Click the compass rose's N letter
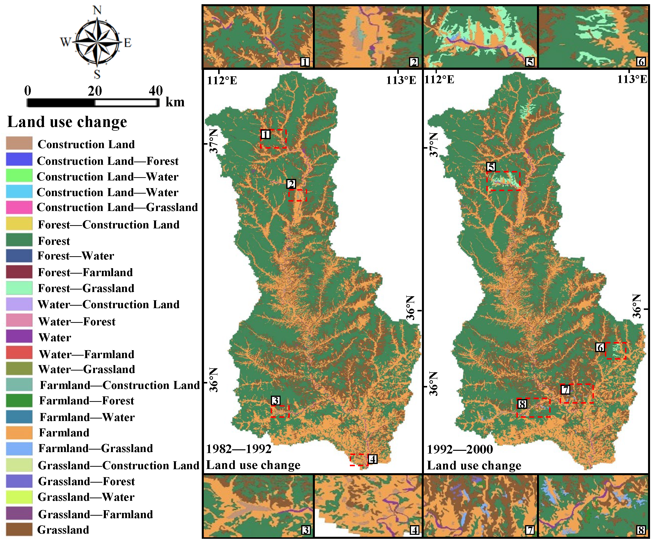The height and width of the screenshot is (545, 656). click(x=97, y=10)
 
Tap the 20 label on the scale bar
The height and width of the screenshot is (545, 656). click(x=94, y=91)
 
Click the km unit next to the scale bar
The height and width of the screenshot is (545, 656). click(x=175, y=102)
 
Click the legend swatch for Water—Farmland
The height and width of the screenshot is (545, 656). click(x=19, y=352)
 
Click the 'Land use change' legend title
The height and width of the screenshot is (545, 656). click(x=67, y=122)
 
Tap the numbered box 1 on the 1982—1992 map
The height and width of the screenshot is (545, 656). click(x=266, y=134)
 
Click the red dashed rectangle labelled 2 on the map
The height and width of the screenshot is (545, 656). click(x=298, y=195)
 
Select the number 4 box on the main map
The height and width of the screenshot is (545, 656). click(x=372, y=459)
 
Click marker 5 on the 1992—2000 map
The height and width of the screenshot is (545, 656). click(x=491, y=167)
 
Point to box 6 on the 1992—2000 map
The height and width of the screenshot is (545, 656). click(x=600, y=347)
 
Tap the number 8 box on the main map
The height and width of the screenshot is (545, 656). click(x=522, y=404)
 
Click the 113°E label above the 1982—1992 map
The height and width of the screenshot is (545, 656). click(x=401, y=80)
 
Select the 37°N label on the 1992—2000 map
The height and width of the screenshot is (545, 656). click(x=434, y=145)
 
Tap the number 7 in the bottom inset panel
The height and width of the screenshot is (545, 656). click(x=530, y=530)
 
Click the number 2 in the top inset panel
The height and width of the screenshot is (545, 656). click(x=413, y=62)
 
